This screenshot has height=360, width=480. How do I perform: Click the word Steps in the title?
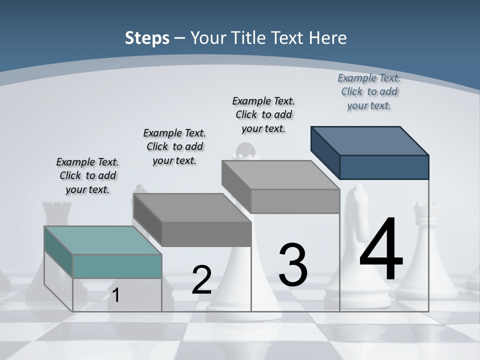tap(147, 38)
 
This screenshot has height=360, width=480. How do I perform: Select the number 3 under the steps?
tap(292, 264)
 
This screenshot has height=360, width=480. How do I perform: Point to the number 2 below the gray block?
tap(201, 280)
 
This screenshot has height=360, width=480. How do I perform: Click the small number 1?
tap(116, 295)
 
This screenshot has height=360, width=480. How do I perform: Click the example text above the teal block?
tap(88, 175)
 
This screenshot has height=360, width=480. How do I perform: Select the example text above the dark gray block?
tap(174, 146)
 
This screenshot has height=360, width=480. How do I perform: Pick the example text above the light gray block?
tap(263, 114)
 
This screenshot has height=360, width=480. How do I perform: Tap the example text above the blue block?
tap(369, 91)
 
